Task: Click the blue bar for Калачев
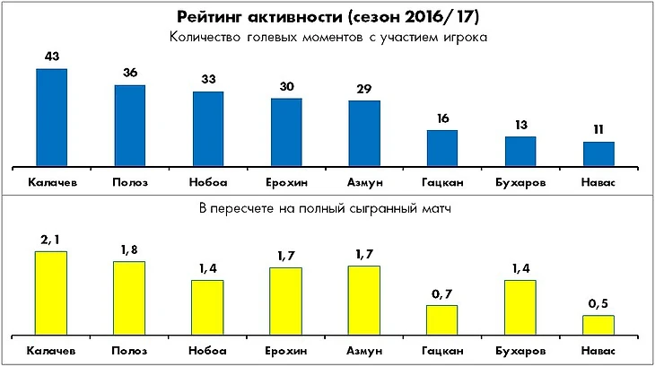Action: click(51, 117)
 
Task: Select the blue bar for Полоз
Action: click(129, 126)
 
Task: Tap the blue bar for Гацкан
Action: click(441, 148)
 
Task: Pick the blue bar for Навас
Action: click(598, 153)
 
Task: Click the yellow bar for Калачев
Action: click(51, 292)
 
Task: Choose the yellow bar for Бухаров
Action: click(520, 306)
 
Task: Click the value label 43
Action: click(51, 57)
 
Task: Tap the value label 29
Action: click(363, 90)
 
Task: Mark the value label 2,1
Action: click(51, 240)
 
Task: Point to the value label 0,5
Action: click(598, 304)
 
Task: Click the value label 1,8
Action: click(129, 250)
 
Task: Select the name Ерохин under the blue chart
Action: click(286, 181)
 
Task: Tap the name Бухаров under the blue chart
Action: click(520, 181)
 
